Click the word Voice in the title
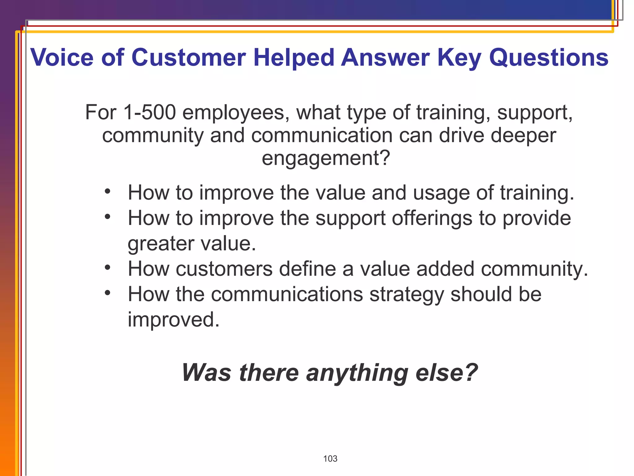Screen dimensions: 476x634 62,58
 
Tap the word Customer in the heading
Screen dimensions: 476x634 189,58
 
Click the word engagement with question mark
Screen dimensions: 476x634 326,158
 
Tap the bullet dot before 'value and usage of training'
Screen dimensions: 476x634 107,191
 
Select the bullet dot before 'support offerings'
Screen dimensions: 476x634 107,217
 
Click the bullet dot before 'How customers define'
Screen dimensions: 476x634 107,267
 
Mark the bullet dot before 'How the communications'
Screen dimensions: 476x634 107,293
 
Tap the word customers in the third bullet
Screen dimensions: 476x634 224,269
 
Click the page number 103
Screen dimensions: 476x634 330,459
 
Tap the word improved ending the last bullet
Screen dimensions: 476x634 173,320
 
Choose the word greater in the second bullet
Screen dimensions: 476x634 161,244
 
